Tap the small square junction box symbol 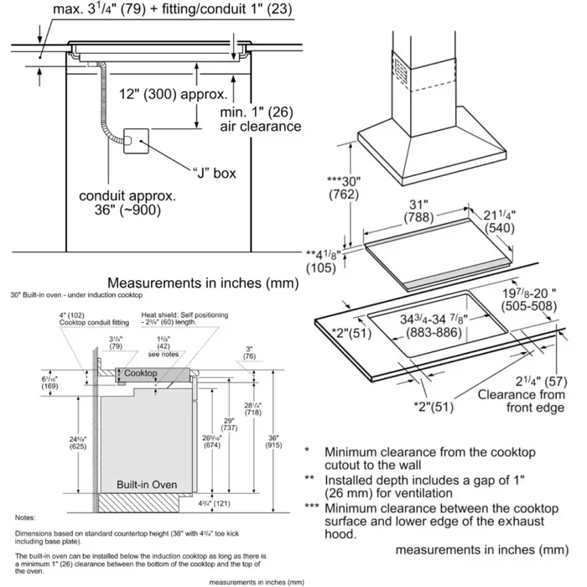click(134, 143)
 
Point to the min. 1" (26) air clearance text click(259, 118)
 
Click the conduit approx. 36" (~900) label click(127, 202)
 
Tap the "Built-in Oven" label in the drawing click(148, 484)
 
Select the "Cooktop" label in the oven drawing click(140, 371)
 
